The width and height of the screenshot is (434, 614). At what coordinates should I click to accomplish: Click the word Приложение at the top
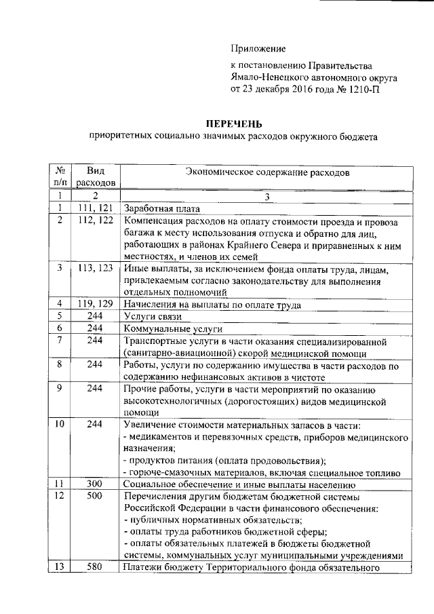coord(258,48)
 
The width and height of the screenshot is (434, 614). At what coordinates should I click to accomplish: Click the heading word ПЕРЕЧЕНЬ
coord(233,123)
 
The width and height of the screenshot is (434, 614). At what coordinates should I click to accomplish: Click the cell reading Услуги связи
coord(151,316)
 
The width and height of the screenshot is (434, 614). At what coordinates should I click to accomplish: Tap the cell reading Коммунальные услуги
coord(163,329)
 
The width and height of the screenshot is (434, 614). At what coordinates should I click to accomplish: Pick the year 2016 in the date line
coord(304,89)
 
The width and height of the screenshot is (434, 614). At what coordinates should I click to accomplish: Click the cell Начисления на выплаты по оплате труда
coord(213,303)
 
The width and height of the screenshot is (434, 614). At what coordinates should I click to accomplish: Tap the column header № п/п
coord(60,176)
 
